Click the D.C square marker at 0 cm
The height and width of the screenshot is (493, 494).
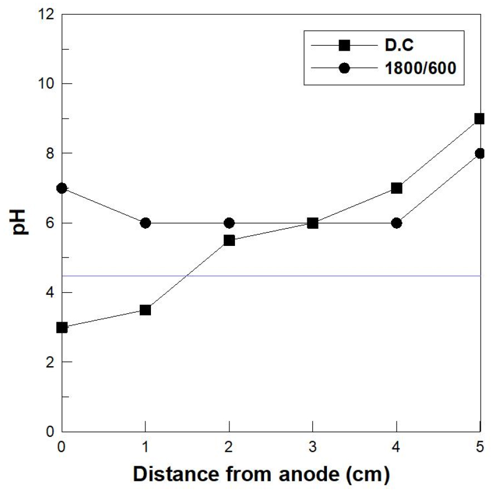coord(62,328)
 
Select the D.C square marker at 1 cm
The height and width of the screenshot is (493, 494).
coord(145,310)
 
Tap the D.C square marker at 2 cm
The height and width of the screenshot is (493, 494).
coord(229,240)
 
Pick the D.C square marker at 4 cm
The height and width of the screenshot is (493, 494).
coord(397,188)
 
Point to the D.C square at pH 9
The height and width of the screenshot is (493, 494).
coord(480,119)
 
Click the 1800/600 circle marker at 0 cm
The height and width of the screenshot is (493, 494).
coord(62,188)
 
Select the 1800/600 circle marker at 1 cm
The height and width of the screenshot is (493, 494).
coord(145,223)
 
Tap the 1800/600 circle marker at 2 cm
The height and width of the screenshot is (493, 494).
coord(229,223)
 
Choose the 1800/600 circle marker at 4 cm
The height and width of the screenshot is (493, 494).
coord(397,223)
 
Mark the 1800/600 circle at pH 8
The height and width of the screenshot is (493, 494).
coord(480,154)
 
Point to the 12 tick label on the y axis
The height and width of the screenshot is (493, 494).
coord(46,14)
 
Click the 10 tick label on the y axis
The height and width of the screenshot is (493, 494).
coord(46,83)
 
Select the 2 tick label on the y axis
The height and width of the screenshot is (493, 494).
coord(50,362)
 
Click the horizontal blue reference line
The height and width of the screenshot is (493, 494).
coord(334,276)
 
